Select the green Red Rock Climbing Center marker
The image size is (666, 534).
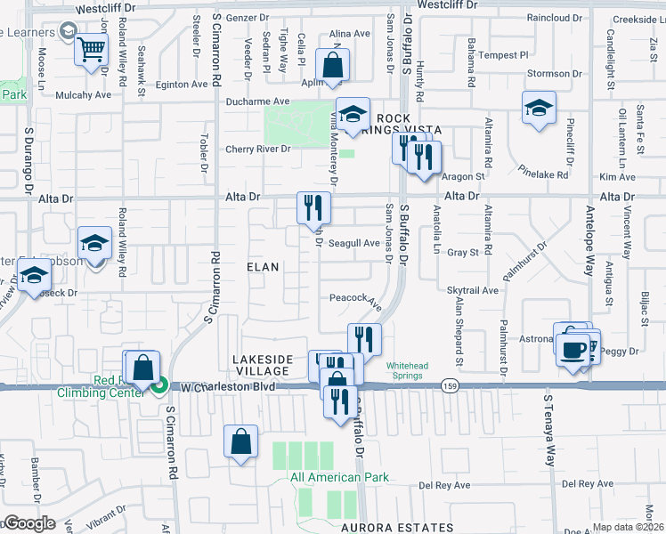tap(159, 387)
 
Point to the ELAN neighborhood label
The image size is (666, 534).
tap(264, 266)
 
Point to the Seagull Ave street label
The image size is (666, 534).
tap(353, 243)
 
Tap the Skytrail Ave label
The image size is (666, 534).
tap(473, 290)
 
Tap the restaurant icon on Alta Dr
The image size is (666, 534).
tap(313, 208)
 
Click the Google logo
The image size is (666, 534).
tap(28, 523)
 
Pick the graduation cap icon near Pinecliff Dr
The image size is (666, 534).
tap(538, 107)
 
